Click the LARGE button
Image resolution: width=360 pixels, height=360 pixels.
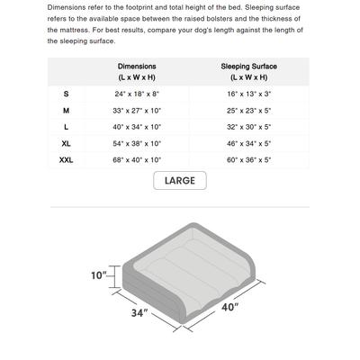pyautogui.click(x=180, y=181)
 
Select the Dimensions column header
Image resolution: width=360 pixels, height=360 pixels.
pyautogui.click(x=137, y=72)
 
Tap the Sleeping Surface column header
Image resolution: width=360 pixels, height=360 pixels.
pyautogui.click(x=248, y=72)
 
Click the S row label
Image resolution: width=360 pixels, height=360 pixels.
pyautogui.click(x=66, y=94)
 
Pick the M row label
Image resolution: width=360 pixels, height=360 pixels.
pyautogui.click(x=66, y=110)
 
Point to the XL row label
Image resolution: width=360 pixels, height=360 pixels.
pyautogui.click(x=66, y=143)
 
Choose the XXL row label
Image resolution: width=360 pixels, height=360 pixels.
pyautogui.click(x=66, y=159)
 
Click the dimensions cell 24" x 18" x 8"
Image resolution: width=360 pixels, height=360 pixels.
pyautogui.click(x=137, y=94)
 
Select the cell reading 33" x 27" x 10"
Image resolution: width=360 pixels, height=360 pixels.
pyautogui.click(x=137, y=110)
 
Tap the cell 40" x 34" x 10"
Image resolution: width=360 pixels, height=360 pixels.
pyautogui.click(x=137, y=127)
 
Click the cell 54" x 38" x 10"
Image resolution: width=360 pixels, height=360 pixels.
pyautogui.click(x=137, y=143)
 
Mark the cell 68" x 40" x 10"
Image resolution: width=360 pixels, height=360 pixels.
pyautogui.click(x=137, y=159)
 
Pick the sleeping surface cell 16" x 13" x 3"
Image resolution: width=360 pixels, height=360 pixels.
pyautogui.click(x=248, y=94)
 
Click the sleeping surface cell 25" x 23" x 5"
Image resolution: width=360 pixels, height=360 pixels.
pyautogui.click(x=248, y=110)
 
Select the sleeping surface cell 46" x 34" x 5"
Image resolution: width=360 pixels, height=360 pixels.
pyautogui.click(x=248, y=143)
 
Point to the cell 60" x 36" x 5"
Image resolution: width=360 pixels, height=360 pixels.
pyautogui.click(x=248, y=159)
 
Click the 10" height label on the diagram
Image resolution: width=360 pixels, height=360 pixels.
pyautogui.click(x=99, y=274)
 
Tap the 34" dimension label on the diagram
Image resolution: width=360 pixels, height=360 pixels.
pyautogui.click(x=139, y=315)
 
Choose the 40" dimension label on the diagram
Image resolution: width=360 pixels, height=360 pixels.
pyautogui.click(x=231, y=307)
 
